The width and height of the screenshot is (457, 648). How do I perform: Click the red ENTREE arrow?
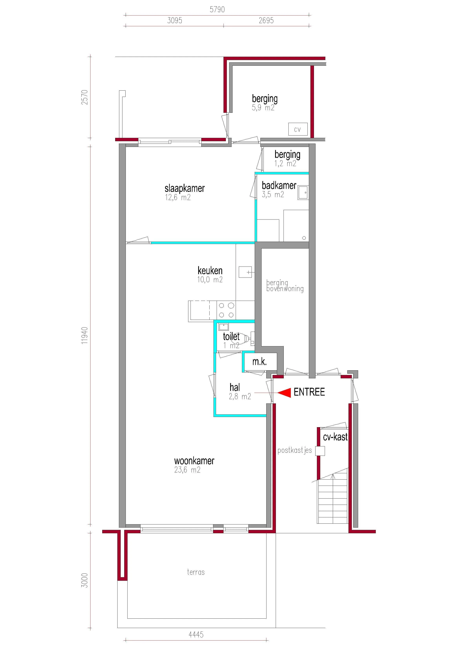point(285,393)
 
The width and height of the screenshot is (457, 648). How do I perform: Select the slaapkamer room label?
point(185,188)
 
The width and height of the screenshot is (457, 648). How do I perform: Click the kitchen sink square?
point(245,272)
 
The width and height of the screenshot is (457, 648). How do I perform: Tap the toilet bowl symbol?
point(241,338)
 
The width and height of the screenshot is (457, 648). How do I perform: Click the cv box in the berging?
point(298,129)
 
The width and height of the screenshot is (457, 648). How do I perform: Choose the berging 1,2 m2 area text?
point(285,163)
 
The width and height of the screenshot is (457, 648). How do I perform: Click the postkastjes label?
point(295,450)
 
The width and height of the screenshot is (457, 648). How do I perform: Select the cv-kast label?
point(335,437)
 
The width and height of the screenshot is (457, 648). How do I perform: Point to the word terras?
point(196,572)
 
